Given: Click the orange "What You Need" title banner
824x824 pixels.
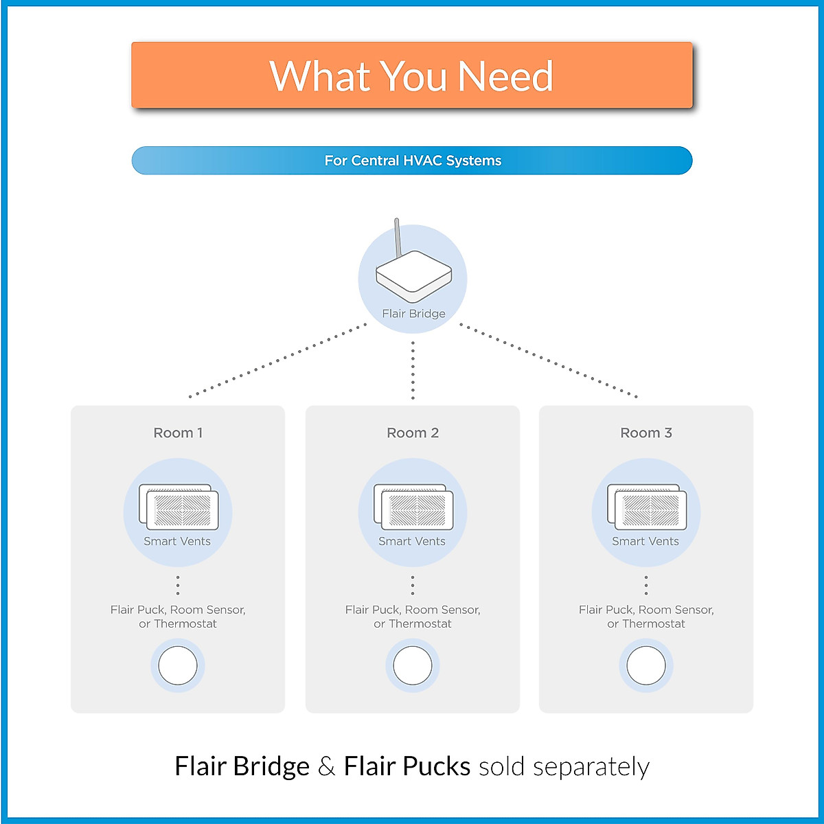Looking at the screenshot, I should click(x=412, y=76).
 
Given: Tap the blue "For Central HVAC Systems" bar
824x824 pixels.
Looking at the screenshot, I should click(x=412, y=161).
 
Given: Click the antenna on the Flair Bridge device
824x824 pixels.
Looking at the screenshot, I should click(x=398, y=238).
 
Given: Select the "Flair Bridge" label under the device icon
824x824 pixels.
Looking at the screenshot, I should click(x=413, y=314).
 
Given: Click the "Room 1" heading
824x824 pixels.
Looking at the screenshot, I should click(x=178, y=433).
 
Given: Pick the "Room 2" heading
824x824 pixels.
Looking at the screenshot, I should click(x=413, y=433).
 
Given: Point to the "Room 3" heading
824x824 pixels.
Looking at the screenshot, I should click(x=646, y=433).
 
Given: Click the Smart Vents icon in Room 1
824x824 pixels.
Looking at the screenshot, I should click(x=179, y=507).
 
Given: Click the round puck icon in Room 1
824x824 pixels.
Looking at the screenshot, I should click(x=178, y=665).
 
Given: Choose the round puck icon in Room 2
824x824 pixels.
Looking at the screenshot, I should click(x=413, y=665).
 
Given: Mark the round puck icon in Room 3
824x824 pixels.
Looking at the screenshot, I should click(x=646, y=665).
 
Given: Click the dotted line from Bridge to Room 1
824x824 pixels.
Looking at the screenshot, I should click(x=278, y=361).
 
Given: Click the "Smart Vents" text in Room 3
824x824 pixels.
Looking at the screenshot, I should click(x=645, y=541).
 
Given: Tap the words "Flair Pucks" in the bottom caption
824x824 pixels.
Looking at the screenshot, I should click(x=407, y=766).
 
